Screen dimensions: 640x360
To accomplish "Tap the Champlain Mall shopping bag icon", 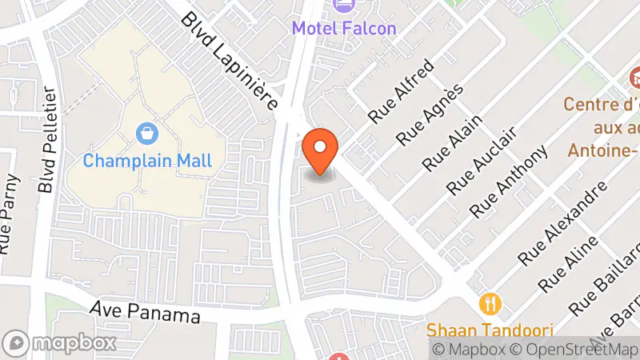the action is click(x=147, y=132).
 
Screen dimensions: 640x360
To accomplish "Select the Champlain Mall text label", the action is click(x=148, y=160).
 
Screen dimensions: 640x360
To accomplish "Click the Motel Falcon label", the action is click(x=343, y=28).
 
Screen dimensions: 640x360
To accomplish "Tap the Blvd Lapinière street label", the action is click(x=229, y=61).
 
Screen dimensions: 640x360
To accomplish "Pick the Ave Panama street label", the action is click(x=145, y=311).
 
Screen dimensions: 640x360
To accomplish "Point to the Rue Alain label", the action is click(x=453, y=142).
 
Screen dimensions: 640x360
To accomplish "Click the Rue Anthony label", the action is click(x=509, y=182).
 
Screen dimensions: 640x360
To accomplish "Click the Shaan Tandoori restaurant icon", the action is click(x=490, y=304).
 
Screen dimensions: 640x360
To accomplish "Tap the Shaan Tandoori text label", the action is click(x=489, y=330).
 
